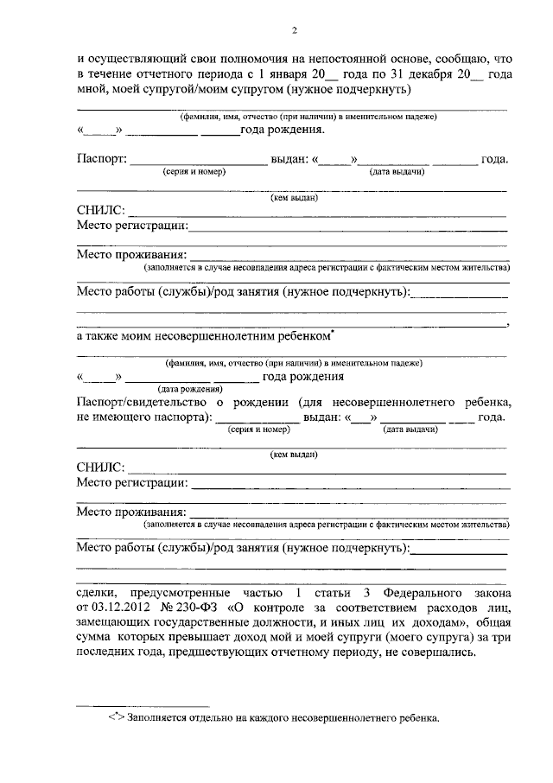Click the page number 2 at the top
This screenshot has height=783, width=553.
[x=295, y=32]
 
